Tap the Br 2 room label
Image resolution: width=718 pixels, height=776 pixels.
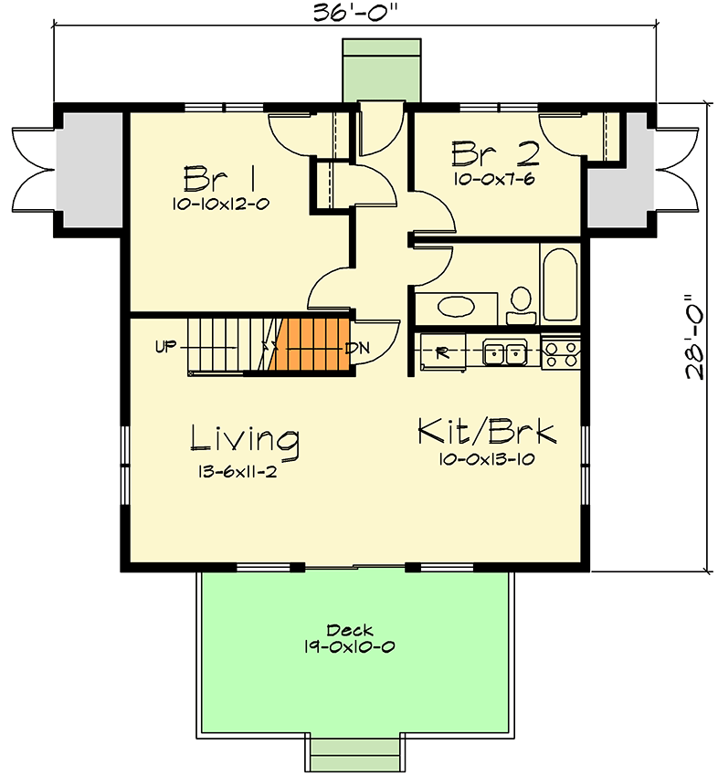pyautogui.click(x=494, y=150)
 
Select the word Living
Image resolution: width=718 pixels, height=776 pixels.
pyautogui.click(x=244, y=438)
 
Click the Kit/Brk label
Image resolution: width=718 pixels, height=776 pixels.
pyautogui.click(x=486, y=431)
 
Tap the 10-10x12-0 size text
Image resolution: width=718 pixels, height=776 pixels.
pyautogui.click(x=219, y=205)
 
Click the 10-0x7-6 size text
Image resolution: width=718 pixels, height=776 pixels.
pyautogui.click(x=494, y=179)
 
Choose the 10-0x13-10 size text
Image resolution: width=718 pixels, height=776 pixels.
pyautogui.click(x=486, y=460)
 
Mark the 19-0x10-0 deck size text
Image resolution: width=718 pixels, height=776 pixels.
pyautogui.click(x=351, y=646)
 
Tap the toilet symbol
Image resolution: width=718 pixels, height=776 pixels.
pyautogui.click(x=522, y=304)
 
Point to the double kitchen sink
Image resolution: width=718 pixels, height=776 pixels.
pyautogui.click(x=503, y=351)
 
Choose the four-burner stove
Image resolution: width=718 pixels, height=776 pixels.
pyautogui.click(x=560, y=352)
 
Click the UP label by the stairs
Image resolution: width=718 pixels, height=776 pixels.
pyautogui.click(x=165, y=347)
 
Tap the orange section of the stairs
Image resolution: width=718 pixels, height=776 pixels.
pyautogui.click(x=311, y=345)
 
